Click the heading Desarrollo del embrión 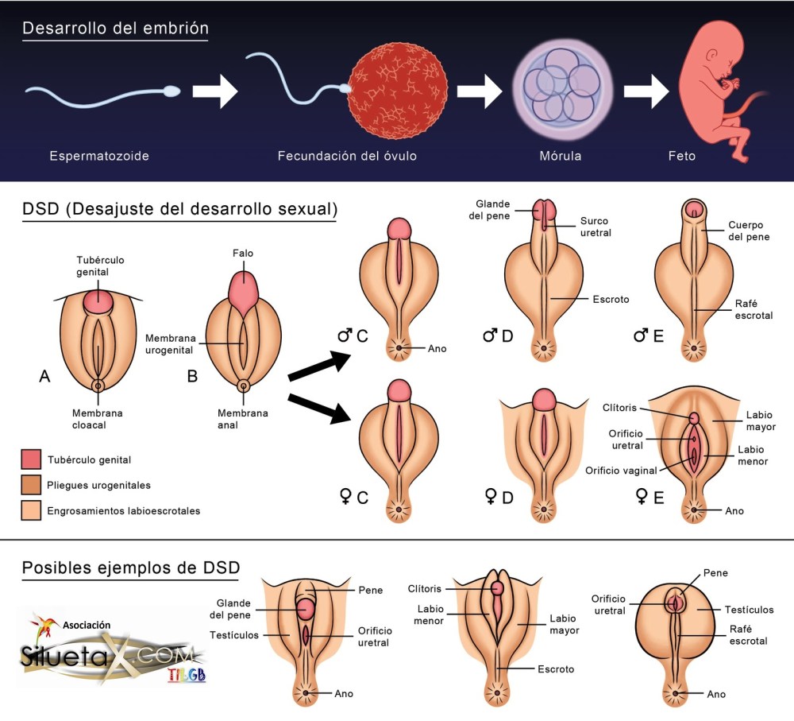pos(115,29)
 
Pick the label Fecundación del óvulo pos(347,156)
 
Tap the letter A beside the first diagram pos(45,377)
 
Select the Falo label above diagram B pos(244,254)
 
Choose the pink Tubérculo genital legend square pos(31,459)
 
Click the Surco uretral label pos(595,227)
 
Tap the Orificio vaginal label pos(621,470)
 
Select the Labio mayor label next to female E pos(761,421)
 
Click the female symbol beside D pos(491,497)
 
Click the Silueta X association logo pos(110,649)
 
